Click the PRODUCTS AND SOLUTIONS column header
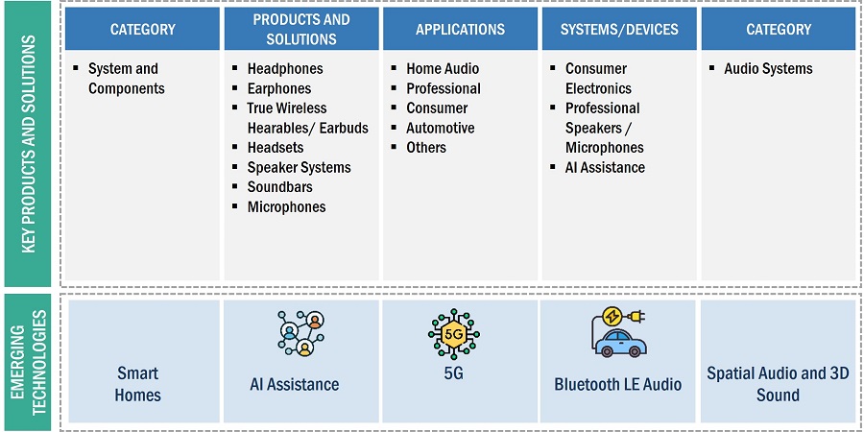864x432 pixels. coord(302,30)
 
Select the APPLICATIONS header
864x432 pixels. coord(461,30)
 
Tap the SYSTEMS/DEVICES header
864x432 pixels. coord(619,30)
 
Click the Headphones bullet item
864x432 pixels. coord(285,69)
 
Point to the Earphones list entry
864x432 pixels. coord(279,88)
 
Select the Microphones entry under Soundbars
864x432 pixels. coord(286,206)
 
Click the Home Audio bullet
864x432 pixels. coord(443,69)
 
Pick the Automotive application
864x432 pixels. coord(440,128)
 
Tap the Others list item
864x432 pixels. coord(426,148)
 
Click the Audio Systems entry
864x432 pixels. coord(768,69)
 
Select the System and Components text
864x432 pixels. coord(126,79)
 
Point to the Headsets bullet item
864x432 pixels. coord(276,148)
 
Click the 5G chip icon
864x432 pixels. coord(453,334)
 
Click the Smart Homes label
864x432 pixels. coord(138,384)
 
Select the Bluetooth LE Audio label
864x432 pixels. coord(618,384)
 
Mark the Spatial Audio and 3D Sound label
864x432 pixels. coord(778,384)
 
